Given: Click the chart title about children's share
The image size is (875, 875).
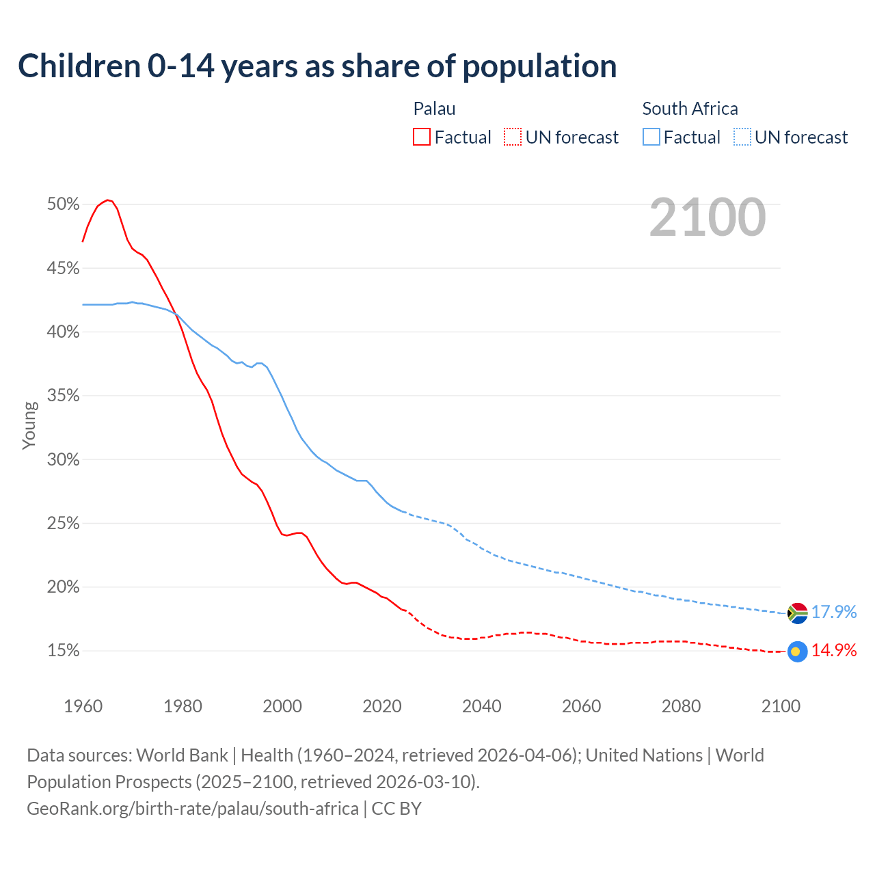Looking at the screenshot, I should pyautogui.click(x=317, y=66).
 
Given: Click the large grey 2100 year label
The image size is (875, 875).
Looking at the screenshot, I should pyautogui.click(x=708, y=217).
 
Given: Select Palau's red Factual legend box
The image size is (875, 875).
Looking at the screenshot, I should pyautogui.click(x=422, y=137).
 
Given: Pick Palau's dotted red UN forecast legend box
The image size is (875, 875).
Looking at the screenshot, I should pyautogui.click(x=513, y=137).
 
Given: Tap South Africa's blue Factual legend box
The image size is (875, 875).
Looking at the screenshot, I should pyautogui.click(x=651, y=137).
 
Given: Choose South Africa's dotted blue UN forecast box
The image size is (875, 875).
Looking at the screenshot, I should pyautogui.click(x=742, y=137).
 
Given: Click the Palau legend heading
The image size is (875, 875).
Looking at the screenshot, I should pyautogui.click(x=434, y=109).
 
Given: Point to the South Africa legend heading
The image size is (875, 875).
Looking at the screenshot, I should pyautogui.click(x=690, y=109).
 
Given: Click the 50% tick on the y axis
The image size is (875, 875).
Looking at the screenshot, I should pyautogui.click(x=64, y=204).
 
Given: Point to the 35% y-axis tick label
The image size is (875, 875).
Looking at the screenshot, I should pyautogui.click(x=64, y=396).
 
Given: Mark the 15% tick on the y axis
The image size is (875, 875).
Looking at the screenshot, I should pyautogui.click(x=64, y=651).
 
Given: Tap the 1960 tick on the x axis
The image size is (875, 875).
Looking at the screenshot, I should pyautogui.click(x=83, y=706).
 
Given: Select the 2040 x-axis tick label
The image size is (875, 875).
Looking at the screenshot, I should pyautogui.click(x=482, y=706).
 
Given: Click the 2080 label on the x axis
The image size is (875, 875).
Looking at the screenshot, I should pyautogui.click(x=681, y=706).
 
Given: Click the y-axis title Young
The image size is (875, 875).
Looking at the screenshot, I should pyautogui.click(x=29, y=425).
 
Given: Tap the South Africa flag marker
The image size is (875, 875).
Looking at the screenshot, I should pyautogui.click(x=797, y=613).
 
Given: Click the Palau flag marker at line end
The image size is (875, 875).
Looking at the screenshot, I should pyautogui.click(x=797, y=651).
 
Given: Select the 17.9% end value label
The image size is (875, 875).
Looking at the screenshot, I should pyautogui.click(x=834, y=612).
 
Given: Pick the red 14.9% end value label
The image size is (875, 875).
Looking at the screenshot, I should pyautogui.click(x=834, y=650).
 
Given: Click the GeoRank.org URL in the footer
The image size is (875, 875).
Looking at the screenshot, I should pyautogui.click(x=193, y=809).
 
